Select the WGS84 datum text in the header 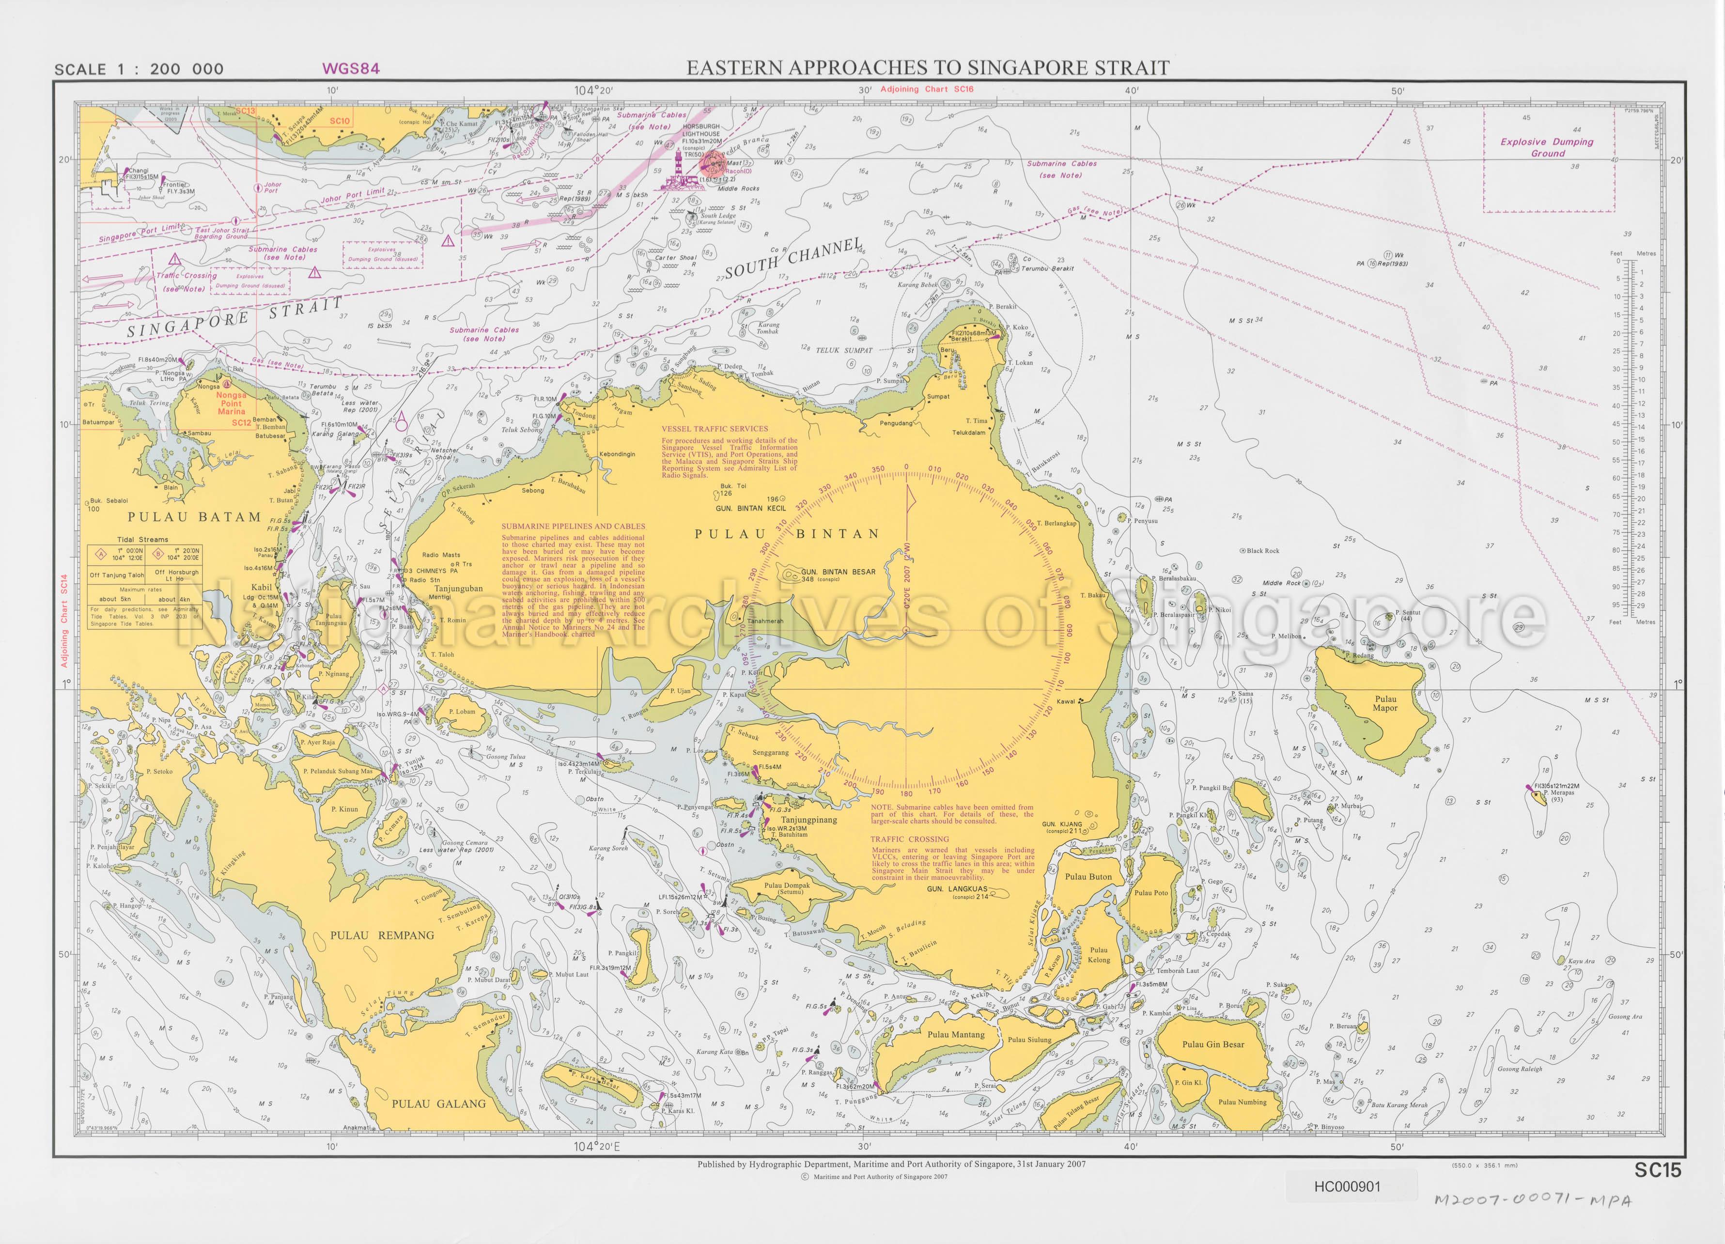pos(351,68)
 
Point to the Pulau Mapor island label pos(1385,703)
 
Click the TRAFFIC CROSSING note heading pos(910,840)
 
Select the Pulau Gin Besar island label pos(1213,1044)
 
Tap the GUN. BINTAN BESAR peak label pos(838,572)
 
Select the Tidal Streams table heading pos(143,539)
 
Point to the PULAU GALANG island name pos(438,1104)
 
